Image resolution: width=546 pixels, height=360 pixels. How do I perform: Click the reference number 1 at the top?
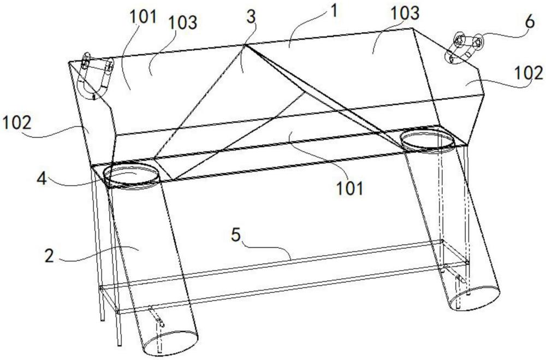334,11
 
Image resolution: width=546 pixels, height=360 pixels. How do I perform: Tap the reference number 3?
251,16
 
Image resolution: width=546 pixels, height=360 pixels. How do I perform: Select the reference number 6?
529,22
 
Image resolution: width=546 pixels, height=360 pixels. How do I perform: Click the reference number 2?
50,256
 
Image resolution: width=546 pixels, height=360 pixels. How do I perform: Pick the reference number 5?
236,235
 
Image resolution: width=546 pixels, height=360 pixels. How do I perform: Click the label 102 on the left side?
17,123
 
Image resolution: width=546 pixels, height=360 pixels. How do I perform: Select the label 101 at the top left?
143,16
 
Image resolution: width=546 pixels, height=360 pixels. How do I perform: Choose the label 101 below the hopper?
349,188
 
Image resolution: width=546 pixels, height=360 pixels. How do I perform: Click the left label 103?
182,22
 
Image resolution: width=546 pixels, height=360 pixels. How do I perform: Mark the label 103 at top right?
405,13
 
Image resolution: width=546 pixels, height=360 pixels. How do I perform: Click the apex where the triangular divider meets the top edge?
245,45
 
